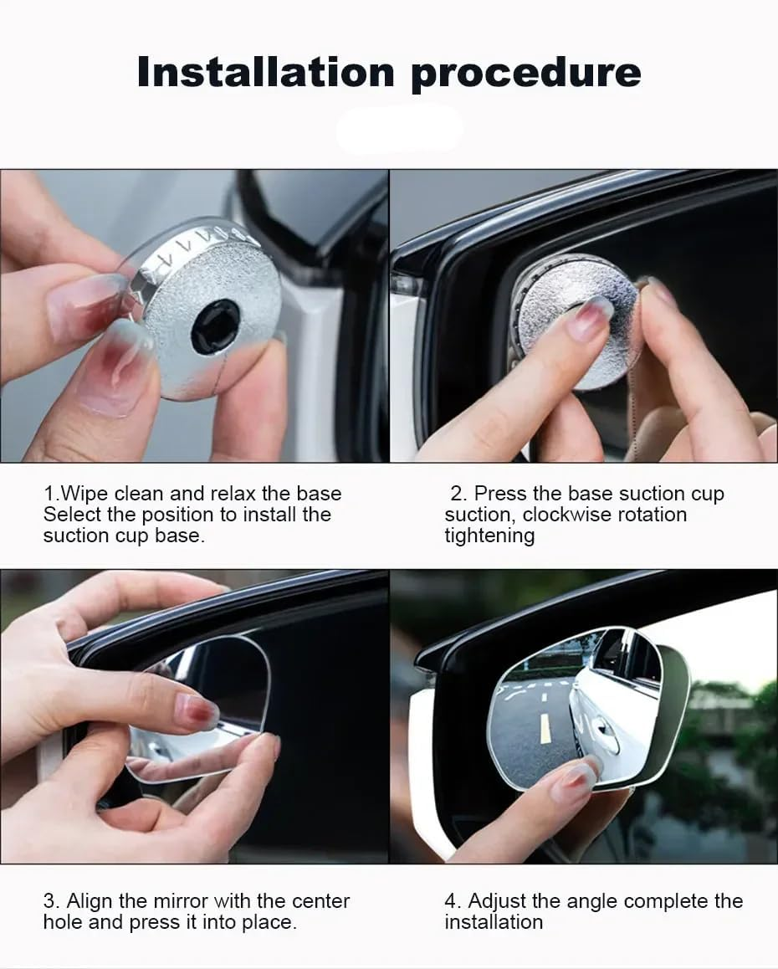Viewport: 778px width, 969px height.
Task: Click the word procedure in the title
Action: click(x=525, y=73)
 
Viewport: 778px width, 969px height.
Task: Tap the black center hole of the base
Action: click(x=215, y=326)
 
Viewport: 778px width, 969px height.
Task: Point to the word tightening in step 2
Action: click(x=489, y=536)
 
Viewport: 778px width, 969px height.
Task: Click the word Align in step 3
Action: click(x=90, y=901)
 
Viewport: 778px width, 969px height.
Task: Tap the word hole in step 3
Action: click(x=64, y=922)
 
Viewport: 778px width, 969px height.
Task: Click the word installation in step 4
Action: click(x=494, y=922)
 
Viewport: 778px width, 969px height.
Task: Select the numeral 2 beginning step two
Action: click(x=457, y=493)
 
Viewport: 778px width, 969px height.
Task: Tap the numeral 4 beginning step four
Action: click(x=450, y=901)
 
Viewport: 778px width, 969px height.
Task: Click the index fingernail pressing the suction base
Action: click(x=590, y=318)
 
